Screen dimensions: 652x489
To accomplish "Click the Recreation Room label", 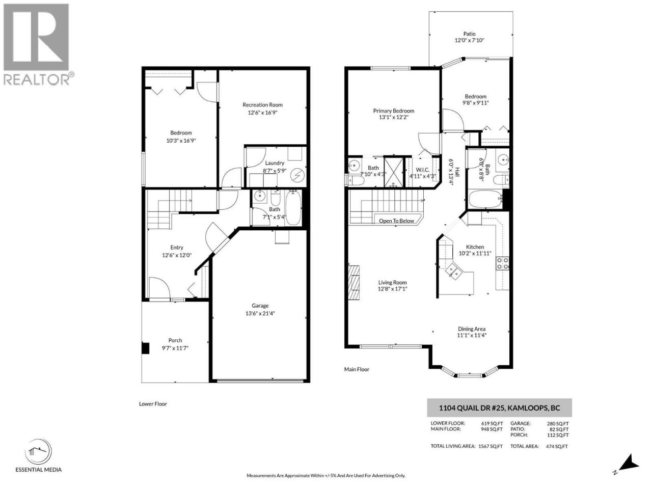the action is pyautogui.click(x=262, y=105).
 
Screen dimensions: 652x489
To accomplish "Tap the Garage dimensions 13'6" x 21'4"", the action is pyautogui.click(x=260, y=314).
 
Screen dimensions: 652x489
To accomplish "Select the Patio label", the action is pyautogui.click(x=469, y=34).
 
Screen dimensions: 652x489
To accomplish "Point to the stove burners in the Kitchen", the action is pyautogui.click(x=502, y=263).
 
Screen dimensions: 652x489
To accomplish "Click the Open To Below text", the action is pyautogui.click(x=396, y=221).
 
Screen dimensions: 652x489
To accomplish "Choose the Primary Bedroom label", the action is pyautogui.click(x=394, y=111).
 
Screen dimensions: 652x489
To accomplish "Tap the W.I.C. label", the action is pyautogui.click(x=422, y=170).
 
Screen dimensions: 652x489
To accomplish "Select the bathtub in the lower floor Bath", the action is pyautogui.click(x=293, y=208).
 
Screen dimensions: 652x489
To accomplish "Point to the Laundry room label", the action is pyautogui.click(x=275, y=163).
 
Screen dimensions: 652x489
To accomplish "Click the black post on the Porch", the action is pyautogui.click(x=145, y=348).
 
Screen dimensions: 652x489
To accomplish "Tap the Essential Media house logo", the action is pyautogui.click(x=38, y=452).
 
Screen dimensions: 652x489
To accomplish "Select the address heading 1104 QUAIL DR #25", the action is pyautogui.click(x=472, y=408).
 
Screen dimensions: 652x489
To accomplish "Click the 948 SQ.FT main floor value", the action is pyautogui.click(x=492, y=429).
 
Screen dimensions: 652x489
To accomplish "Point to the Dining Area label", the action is pyautogui.click(x=472, y=329).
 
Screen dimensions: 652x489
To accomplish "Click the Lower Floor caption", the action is pyautogui.click(x=153, y=404).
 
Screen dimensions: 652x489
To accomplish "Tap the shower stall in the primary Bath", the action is pyautogui.click(x=394, y=172).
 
